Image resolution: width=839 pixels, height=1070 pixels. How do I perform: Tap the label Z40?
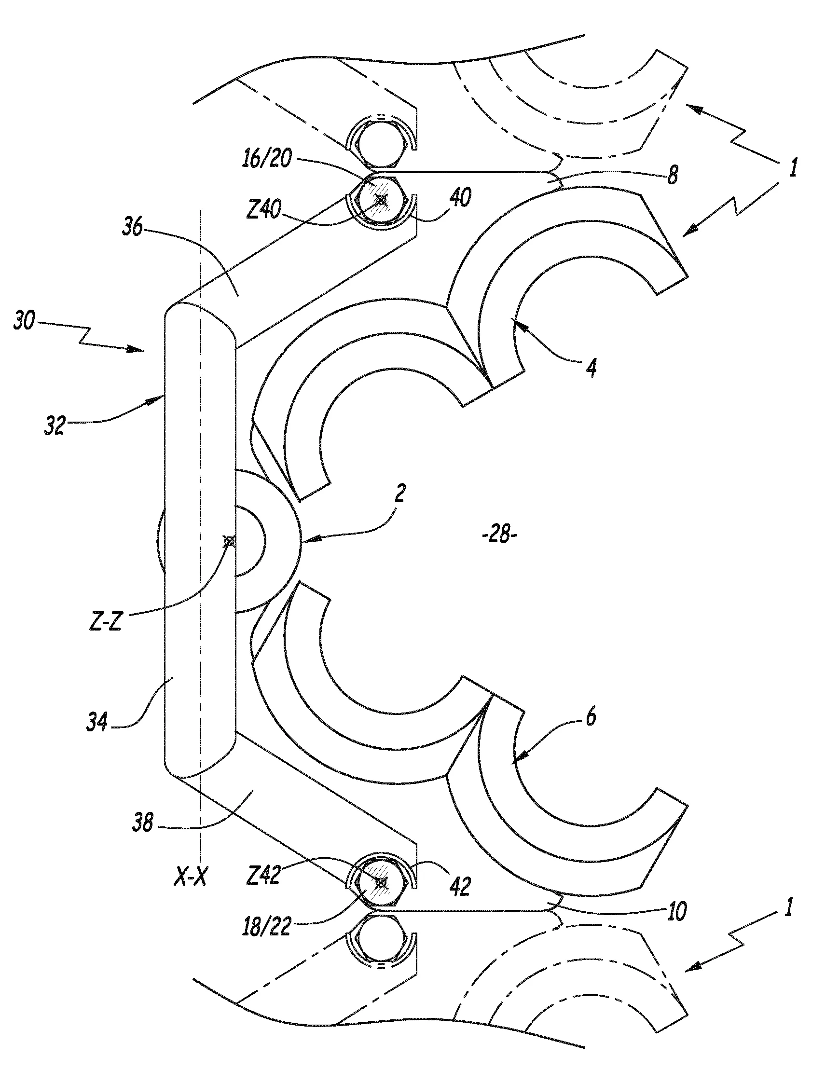click(x=264, y=212)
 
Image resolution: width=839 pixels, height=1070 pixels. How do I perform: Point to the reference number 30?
click(x=24, y=322)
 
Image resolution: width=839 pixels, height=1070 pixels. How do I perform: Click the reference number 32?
click(x=55, y=425)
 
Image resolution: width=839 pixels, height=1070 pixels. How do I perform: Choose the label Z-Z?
click(x=106, y=622)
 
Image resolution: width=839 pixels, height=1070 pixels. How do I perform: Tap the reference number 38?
click(x=143, y=822)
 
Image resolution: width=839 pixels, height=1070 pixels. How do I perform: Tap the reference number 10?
click(x=677, y=912)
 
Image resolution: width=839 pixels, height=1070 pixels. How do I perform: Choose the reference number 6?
click(x=591, y=717)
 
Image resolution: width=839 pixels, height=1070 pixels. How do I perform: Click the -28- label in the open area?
click(x=500, y=534)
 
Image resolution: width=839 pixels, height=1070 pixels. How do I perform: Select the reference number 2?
click(x=400, y=493)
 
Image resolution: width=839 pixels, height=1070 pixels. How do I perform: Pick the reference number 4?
click(x=592, y=367)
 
